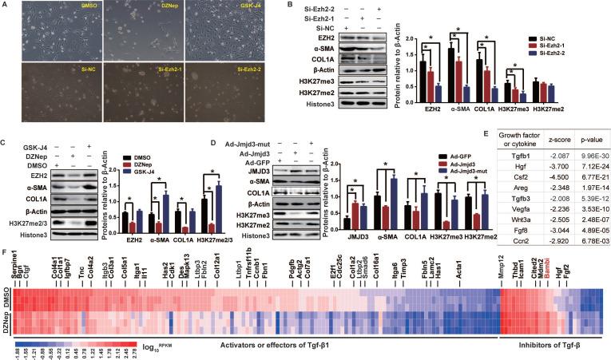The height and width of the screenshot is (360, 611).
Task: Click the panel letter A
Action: click(5, 5)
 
